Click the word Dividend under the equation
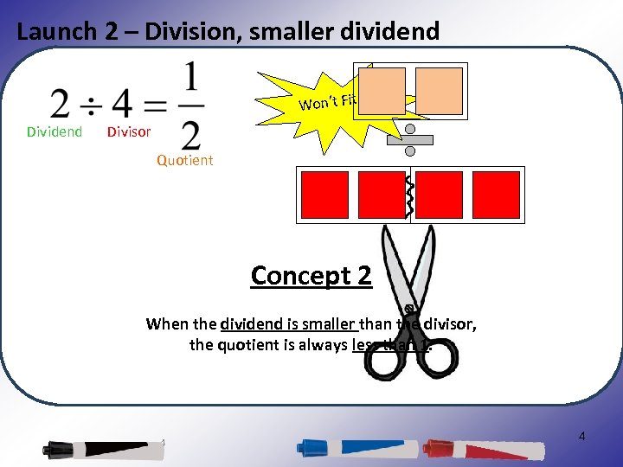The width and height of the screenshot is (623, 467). point(55,132)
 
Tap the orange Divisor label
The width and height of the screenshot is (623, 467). point(128,132)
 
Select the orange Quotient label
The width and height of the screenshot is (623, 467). point(184,160)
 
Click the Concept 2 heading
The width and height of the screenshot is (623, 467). point(311,276)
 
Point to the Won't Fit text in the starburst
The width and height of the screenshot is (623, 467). point(328,102)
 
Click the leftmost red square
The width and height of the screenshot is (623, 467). point(324,195)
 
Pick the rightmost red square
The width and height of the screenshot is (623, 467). point(496,195)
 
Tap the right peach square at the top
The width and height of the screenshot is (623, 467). point(439,91)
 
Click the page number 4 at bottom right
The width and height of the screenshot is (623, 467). point(581,437)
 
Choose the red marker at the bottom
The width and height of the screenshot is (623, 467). point(485,449)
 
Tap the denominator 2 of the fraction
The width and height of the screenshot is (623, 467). point(191,134)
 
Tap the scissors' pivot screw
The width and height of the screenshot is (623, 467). point(408,309)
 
